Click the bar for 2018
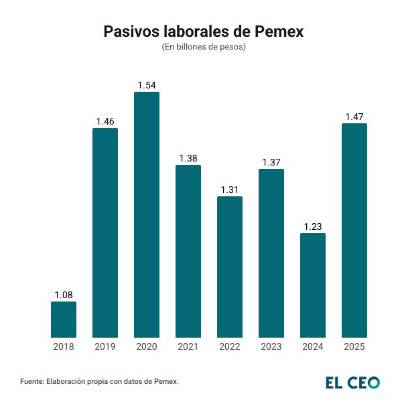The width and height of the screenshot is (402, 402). click(64, 320)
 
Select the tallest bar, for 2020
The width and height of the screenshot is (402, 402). click(147, 214)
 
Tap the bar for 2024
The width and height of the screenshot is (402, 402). click(313, 285)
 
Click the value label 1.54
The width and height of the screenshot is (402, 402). click(147, 85)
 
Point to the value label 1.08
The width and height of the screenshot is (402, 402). click(64, 295)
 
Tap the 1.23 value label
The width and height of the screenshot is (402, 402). click(313, 226)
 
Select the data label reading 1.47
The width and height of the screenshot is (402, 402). click(354, 117)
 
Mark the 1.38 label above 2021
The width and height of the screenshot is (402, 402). click(188, 158)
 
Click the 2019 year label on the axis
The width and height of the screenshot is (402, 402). click(105, 347)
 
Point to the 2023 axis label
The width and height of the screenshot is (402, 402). click(271, 347)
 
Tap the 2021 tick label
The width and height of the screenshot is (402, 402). click(188, 347)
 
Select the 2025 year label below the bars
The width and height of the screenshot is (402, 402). click(354, 347)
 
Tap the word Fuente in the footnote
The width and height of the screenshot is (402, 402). click(32, 381)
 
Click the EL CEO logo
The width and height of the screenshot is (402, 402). click(352, 383)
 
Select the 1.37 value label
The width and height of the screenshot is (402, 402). click(271, 162)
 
